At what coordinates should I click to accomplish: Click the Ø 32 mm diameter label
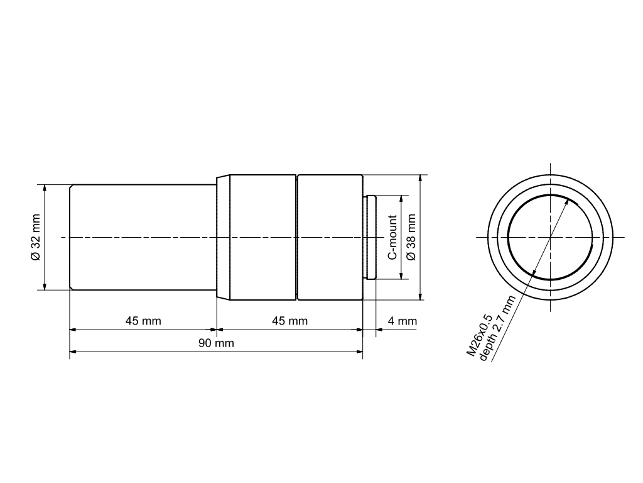click(35, 237)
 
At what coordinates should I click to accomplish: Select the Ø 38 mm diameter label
click(411, 237)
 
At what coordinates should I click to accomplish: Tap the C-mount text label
click(392, 237)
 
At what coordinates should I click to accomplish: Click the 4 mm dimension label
click(402, 321)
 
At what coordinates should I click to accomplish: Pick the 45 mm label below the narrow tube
click(143, 321)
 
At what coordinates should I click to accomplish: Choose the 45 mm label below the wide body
click(289, 321)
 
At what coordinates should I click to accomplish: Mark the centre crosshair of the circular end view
click(550, 237)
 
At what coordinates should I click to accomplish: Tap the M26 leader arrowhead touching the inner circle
click(568, 201)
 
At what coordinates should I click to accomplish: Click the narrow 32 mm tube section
click(143, 237)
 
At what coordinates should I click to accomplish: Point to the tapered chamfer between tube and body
click(223, 237)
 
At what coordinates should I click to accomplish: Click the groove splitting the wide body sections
click(296, 237)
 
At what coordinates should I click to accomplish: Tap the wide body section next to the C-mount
click(330, 237)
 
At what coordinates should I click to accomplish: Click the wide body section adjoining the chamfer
click(262, 237)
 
